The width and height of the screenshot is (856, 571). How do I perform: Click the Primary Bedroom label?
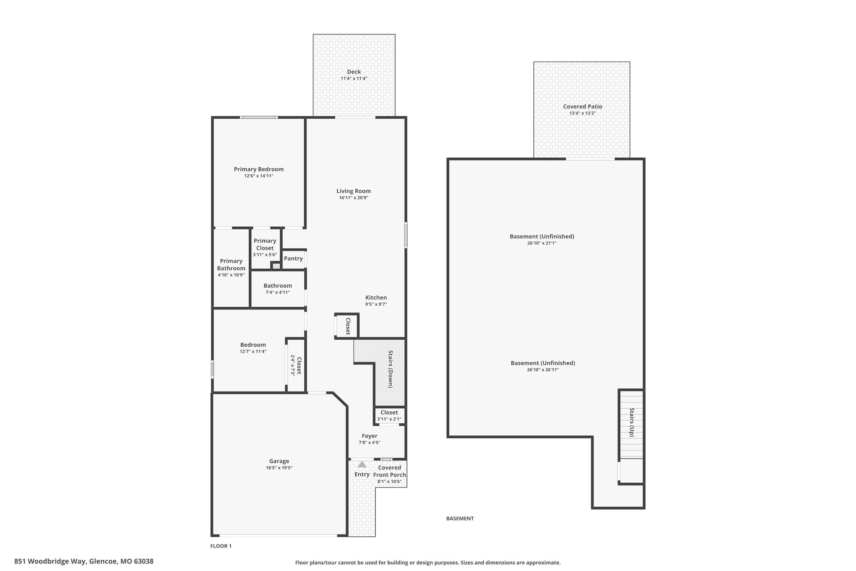coord(259,169)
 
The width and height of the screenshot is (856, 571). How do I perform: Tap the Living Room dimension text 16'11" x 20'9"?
coord(354,198)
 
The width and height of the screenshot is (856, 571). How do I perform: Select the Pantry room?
coord(293,259)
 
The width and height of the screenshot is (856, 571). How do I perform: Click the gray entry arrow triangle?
coord(362,464)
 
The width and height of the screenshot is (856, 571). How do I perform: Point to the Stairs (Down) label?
coord(390,369)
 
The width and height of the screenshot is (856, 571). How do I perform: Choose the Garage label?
coord(279,461)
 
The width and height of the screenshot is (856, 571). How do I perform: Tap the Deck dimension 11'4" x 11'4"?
coord(354,79)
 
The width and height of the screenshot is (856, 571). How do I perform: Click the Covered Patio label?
coord(583,107)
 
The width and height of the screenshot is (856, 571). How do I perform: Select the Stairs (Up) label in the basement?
coord(632,422)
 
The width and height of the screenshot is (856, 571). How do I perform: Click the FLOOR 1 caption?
coord(221,546)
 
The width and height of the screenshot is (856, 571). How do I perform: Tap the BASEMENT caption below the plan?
coord(460,519)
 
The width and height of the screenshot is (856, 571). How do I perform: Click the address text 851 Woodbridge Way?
coord(50,561)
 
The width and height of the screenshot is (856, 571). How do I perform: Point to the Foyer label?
coord(369,436)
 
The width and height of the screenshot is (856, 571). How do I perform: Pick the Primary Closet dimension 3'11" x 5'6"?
coord(265,255)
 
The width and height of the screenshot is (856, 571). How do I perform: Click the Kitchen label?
coord(376,298)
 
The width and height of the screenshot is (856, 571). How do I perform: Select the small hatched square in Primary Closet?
coord(276,266)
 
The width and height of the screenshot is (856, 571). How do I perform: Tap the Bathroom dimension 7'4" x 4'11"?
coord(278,292)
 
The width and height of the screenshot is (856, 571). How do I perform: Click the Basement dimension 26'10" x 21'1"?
coord(542,243)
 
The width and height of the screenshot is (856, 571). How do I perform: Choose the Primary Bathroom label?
coord(231,265)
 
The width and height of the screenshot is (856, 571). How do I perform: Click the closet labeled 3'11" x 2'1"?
coord(389,416)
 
